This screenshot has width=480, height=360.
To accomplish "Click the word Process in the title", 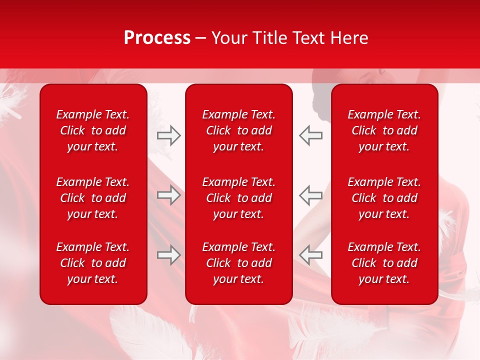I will tap(157, 38).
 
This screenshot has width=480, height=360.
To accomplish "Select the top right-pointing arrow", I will tap(169, 135).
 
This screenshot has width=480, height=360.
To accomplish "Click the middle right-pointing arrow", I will tap(169, 195).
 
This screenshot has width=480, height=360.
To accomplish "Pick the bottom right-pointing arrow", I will tap(169, 255).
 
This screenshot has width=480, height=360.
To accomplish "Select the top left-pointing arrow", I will tap(310, 135).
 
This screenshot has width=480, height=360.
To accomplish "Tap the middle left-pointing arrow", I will tap(310, 195).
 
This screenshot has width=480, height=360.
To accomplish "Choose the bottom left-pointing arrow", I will tap(310, 255).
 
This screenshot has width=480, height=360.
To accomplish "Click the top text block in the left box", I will tap(93, 130).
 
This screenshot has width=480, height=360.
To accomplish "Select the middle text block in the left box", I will tap(93, 198).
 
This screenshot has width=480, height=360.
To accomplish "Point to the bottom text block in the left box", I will tap(93, 263).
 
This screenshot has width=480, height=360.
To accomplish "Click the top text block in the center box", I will tap(238, 130).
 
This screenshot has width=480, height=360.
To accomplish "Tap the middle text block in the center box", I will tap(238, 198).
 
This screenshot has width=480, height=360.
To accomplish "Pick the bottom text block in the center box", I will tap(238, 263).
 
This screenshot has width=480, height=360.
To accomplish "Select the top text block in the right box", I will tap(384, 130).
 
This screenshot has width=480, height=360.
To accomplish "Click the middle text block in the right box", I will tap(384, 198).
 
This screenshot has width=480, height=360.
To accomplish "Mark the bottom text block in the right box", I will tap(384, 263).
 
